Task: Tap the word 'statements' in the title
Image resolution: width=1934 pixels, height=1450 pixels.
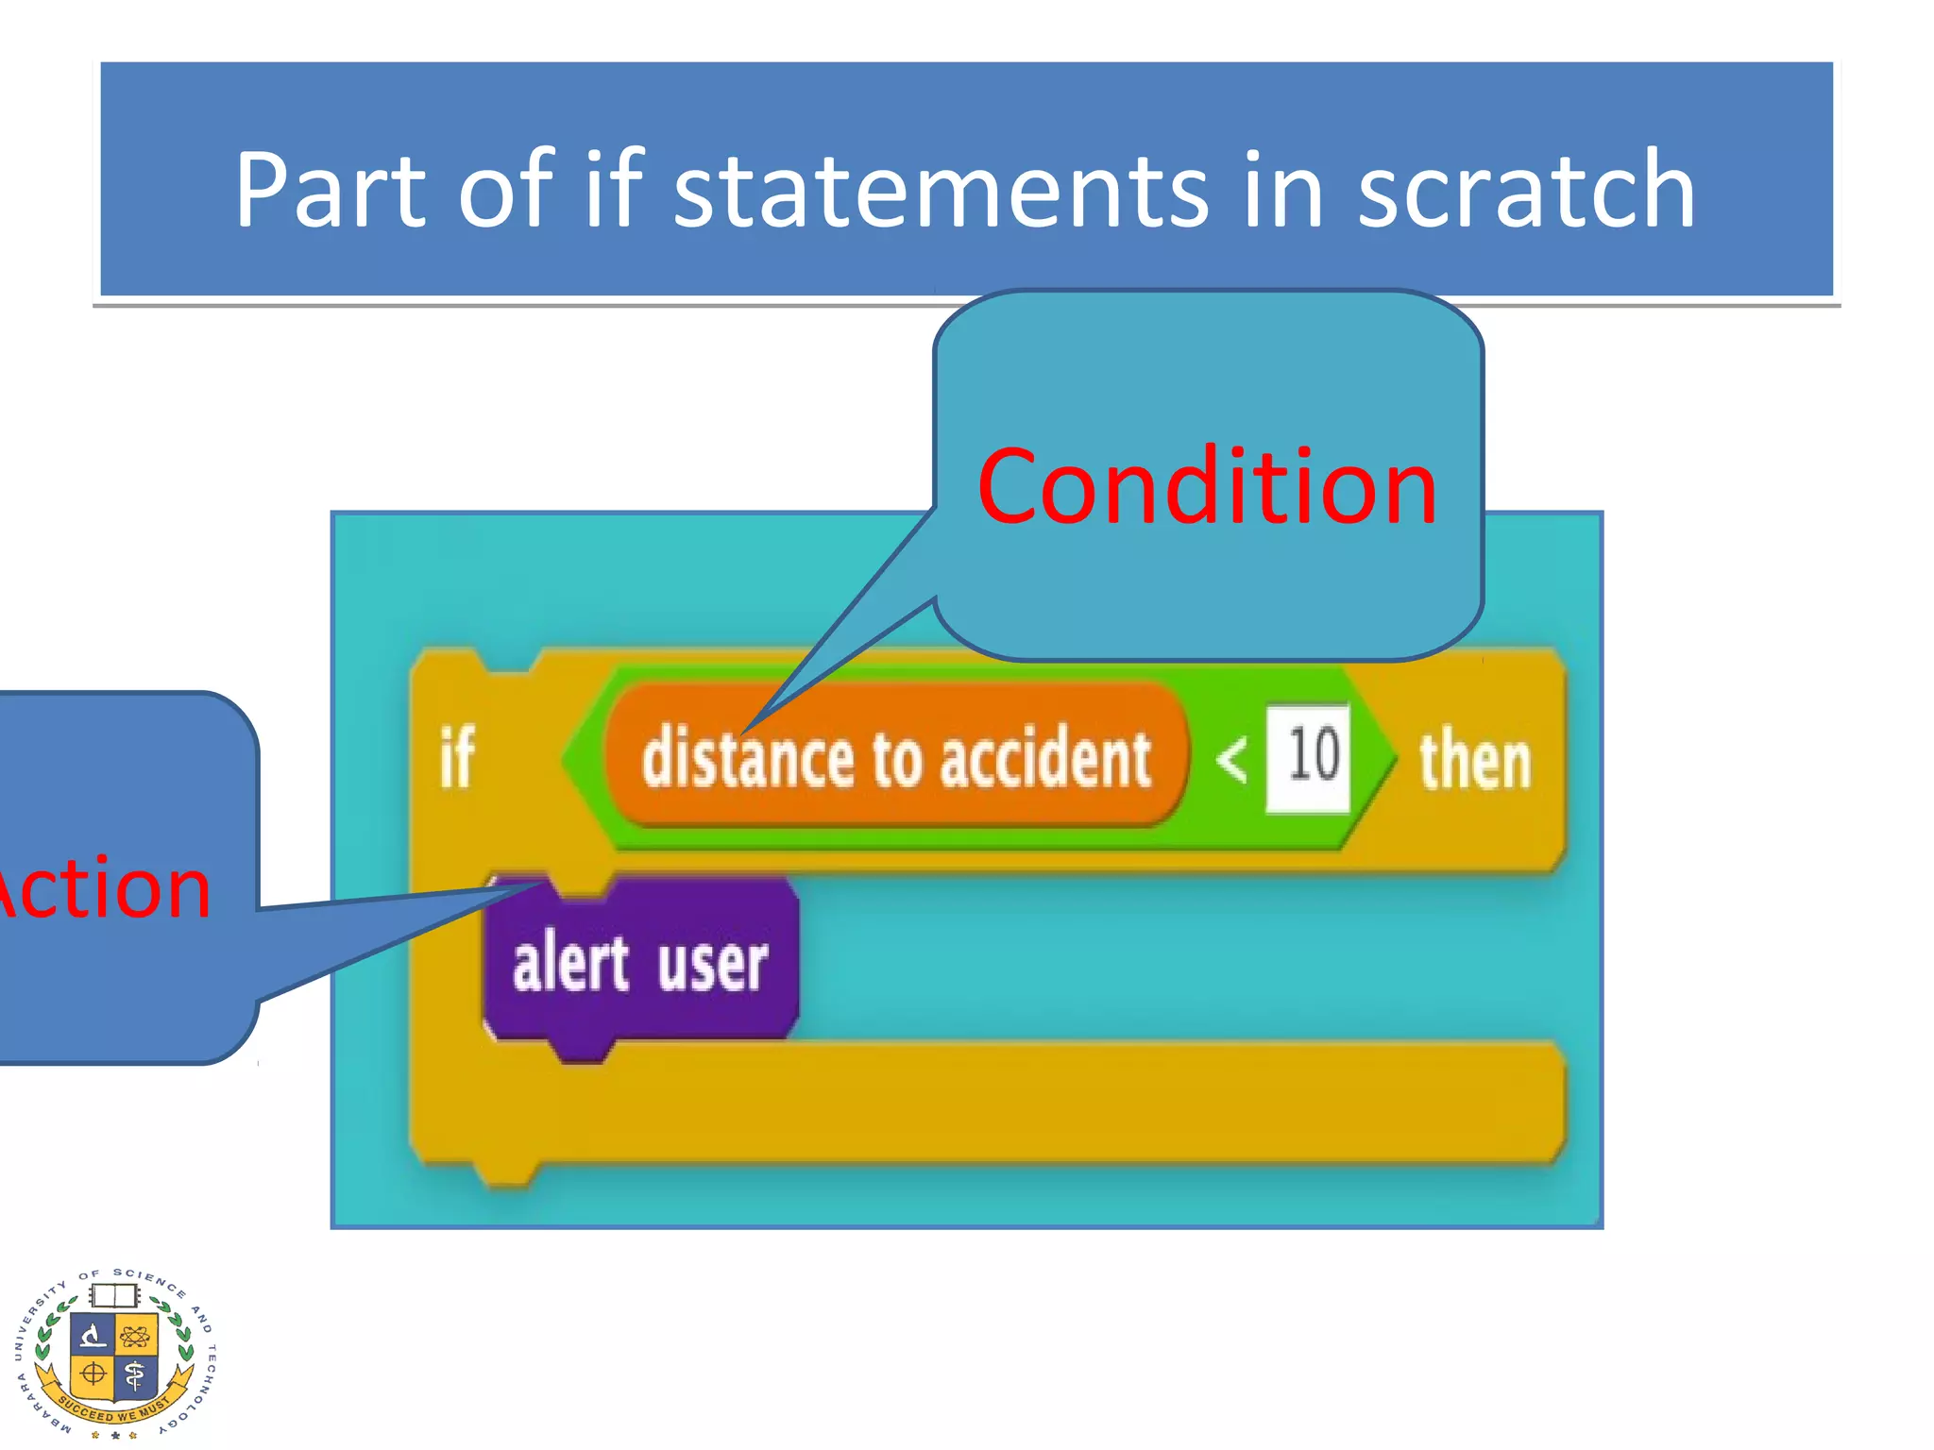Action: (x=940, y=191)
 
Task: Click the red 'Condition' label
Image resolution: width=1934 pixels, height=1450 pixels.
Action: (x=1207, y=487)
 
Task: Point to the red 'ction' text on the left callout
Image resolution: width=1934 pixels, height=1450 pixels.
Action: (x=106, y=889)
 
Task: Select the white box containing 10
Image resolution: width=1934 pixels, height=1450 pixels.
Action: (x=1309, y=757)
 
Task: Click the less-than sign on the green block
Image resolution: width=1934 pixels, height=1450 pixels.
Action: (x=1231, y=759)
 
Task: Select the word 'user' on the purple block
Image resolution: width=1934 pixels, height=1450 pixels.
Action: (x=713, y=965)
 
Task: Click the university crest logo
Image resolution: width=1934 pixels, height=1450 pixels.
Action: (x=115, y=1353)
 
